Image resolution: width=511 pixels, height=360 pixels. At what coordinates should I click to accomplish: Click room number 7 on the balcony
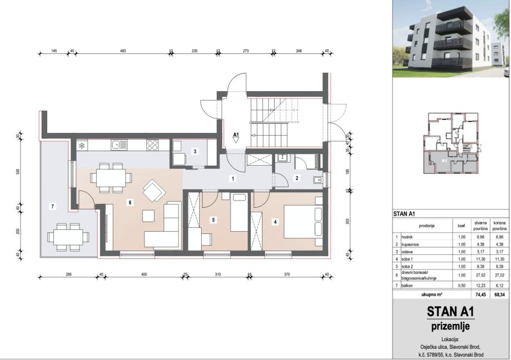[52, 206]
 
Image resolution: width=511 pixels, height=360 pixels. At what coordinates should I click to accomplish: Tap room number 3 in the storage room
[195, 151]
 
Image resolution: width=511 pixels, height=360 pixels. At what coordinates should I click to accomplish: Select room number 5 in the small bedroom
[214, 220]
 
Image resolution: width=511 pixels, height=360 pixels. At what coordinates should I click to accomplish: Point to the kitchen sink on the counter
[119, 145]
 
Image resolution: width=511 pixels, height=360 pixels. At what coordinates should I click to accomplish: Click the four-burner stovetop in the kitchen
[152, 145]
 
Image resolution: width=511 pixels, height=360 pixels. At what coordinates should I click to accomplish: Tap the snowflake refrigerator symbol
[82, 145]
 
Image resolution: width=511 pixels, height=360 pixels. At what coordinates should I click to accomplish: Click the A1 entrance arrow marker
[236, 137]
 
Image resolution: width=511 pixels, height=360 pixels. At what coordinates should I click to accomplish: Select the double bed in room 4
[303, 222]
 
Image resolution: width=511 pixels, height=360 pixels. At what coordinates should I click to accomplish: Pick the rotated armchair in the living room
[154, 190]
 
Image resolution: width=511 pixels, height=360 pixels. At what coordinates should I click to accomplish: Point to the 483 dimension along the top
[123, 51]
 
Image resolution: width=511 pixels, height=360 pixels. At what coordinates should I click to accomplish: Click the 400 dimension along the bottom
[143, 274]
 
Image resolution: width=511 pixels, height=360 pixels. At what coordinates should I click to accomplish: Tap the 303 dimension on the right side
[348, 221]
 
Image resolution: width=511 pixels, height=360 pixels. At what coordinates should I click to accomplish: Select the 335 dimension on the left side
[18, 171]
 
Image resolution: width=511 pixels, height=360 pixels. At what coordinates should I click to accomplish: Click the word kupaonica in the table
[410, 244]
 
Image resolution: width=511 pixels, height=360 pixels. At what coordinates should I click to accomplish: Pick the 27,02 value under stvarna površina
[480, 275]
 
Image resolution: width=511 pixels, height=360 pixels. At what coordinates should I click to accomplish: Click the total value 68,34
[499, 295]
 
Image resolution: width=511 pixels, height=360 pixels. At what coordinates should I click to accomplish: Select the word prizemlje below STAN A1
[451, 326]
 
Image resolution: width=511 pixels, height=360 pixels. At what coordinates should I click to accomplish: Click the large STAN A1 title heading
[450, 312]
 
